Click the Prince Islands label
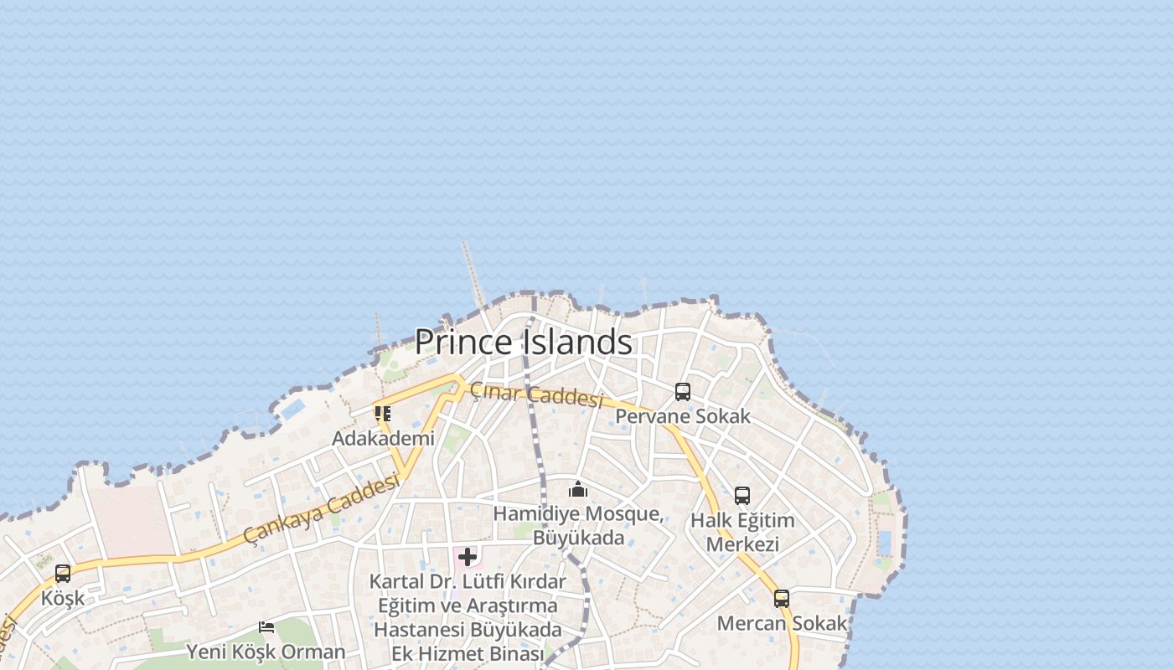click(x=523, y=342)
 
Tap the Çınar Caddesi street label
click(x=536, y=394)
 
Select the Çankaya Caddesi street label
click(x=322, y=508)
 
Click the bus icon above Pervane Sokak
click(x=683, y=391)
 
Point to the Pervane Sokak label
click(x=683, y=416)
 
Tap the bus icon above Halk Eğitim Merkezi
click(x=742, y=495)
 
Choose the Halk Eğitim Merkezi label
click(x=742, y=532)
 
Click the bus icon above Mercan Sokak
click(x=782, y=598)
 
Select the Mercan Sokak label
click(x=782, y=623)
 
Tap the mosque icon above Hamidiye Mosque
click(x=577, y=489)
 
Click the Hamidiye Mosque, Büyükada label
click(x=578, y=525)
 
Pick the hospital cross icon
click(x=468, y=556)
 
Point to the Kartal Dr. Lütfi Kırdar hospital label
click(x=468, y=616)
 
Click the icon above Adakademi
click(x=383, y=413)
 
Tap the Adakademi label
click(x=383, y=438)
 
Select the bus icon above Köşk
click(x=63, y=574)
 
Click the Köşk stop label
click(x=63, y=598)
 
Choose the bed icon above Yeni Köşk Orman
click(x=266, y=626)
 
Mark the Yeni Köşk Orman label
click(x=266, y=652)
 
